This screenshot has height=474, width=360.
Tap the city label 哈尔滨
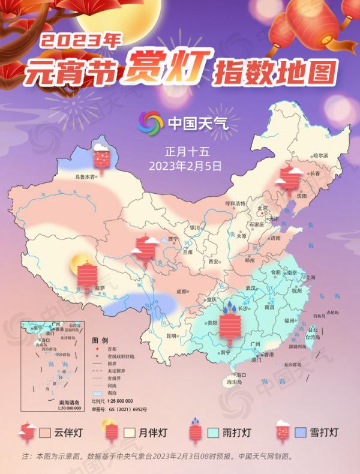pos(320,155)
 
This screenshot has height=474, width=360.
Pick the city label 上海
pos(311,277)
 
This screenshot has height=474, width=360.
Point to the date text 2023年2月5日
pos(180,163)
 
